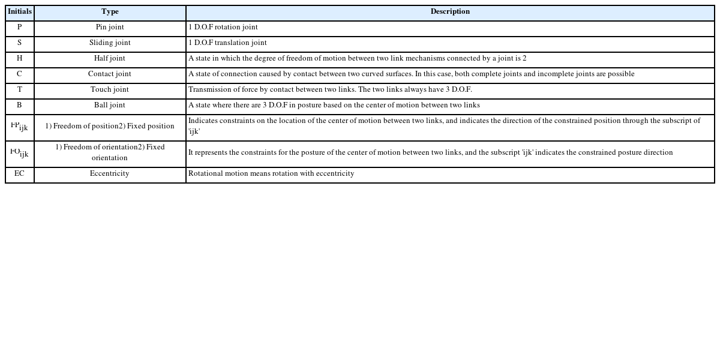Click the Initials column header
(20, 12)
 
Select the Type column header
(110, 12)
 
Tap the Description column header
(450, 12)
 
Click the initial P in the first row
(20, 28)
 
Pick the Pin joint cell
(110, 28)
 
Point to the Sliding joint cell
(110, 43)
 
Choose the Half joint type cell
(110, 59)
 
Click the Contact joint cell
(110, 74)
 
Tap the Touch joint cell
(110, 90)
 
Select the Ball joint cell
(110, 106)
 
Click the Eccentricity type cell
(110, 174)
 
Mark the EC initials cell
(20, 174)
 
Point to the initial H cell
(20, 59)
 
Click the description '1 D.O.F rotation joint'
(223, 28)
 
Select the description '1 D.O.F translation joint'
(227, 43)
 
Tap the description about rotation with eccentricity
(271, 174)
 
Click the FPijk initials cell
(20, 127)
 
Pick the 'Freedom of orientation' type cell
(110, 152)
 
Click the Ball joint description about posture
(334, 106)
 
